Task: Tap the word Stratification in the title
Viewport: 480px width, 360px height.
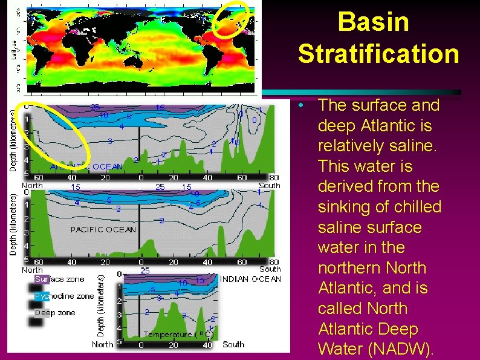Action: pyautogui.click(x=378, y=54)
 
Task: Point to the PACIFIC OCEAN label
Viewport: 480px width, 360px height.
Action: pyautogui.click(x=103, y=229)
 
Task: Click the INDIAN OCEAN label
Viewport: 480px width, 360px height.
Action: pyautogui.click(x=250, y=279)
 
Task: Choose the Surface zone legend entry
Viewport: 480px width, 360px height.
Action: pyautogui.click(x=59, y=280)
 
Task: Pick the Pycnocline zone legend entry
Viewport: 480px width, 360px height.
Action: pyautogui.click(x=63, y=296)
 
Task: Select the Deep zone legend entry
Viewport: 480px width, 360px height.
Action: pyautogui.click(x=54, y=312)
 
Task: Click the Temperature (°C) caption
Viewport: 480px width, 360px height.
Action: pyautogui.click(x=178, y=334)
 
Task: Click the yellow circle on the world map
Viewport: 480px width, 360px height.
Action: pyautogui.click(x=233, y=19)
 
